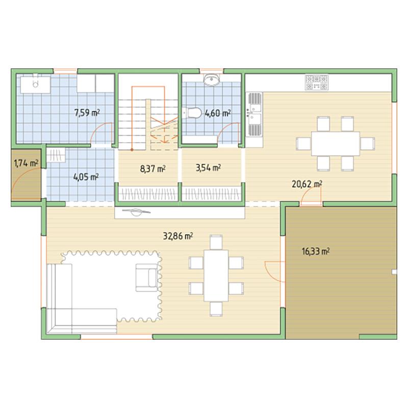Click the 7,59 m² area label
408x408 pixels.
coord(87,113)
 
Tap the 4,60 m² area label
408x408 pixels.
coord(218,113)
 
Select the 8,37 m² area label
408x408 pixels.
coord(152,169)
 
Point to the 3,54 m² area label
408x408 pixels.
coord(208,168)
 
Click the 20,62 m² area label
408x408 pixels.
coord(307,184)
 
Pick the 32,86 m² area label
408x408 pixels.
coord(177,236)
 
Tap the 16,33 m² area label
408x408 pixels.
coord(316,251)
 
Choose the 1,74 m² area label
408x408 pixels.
coord(26,163)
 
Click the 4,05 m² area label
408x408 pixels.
coord(86,177)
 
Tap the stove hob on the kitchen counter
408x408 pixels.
coord(316,83)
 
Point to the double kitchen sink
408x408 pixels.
coord(254,114)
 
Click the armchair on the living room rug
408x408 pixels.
coord(147,277)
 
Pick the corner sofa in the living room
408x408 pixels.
coord(82,299)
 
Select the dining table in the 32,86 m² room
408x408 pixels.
coord(216,275)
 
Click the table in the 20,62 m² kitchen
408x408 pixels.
coord(336,144)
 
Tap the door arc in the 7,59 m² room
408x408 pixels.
coord(101,133)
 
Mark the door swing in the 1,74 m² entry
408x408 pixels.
coord(26,184)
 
